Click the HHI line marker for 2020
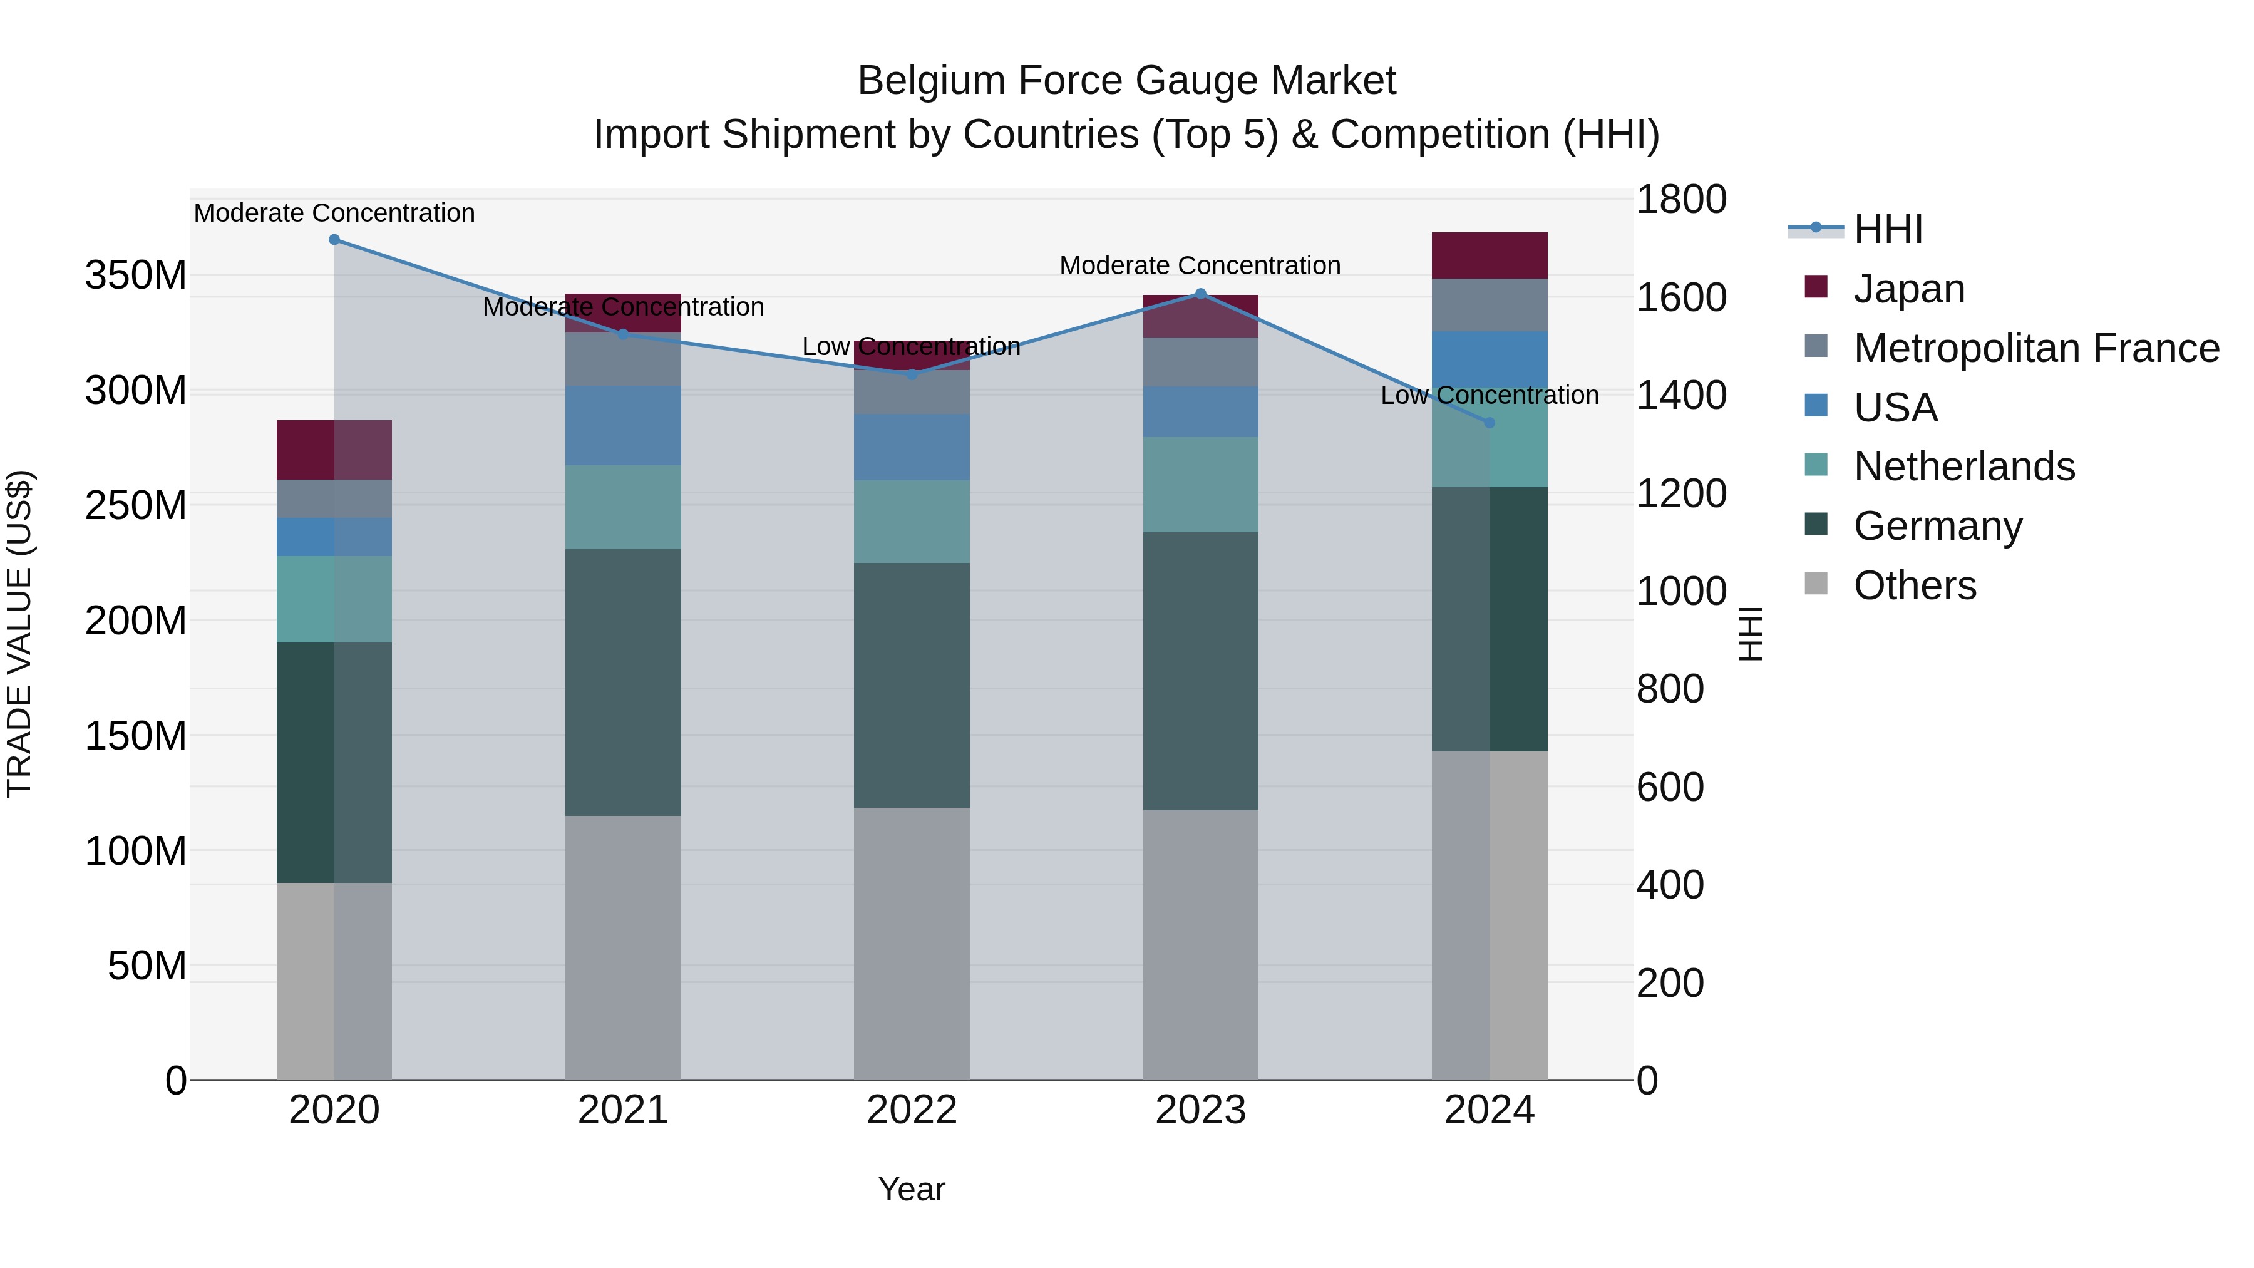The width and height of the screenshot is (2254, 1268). click(334, 240)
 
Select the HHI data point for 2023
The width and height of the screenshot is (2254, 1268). click(1200, 294)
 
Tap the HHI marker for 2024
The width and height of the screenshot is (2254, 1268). click(1490, 423)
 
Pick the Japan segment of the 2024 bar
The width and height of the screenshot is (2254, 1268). click(1490, 255)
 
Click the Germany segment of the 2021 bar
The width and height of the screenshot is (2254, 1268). click(623, 683)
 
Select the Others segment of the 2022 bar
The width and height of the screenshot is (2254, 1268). click(912, 944)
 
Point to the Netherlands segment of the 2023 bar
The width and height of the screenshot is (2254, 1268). click(1200, 485)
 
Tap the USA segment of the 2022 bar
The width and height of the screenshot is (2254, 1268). click(912, 447)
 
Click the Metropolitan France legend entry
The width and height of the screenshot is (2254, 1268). click(2036, 348)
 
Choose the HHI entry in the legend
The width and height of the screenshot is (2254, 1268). click(1888, 229)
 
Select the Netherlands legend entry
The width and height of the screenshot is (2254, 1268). click(1964, 466)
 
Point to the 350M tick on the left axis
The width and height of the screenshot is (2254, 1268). click(136, 276)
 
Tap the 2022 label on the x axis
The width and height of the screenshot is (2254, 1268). click(912, 1110)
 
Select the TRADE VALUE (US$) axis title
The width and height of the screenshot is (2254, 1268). click(20, 634)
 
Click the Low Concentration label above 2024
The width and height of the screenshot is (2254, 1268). click(1490, 396)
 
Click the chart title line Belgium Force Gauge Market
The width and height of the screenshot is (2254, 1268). click(1126, 81)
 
